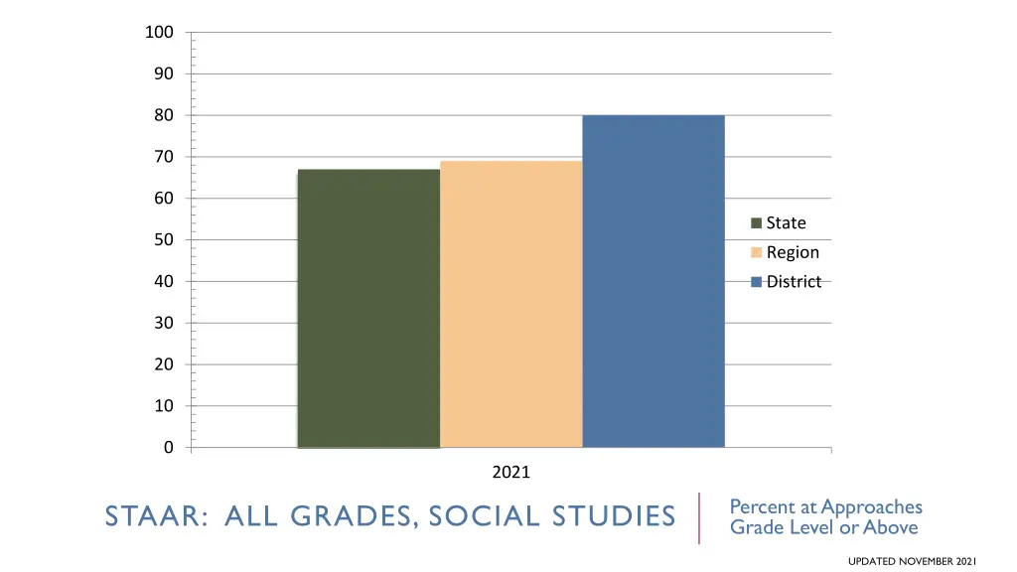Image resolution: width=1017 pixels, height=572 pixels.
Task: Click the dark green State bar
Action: (368, 308)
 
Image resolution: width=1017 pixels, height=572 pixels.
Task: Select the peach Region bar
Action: (510, 304)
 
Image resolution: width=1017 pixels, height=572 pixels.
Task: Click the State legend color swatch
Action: (756, 223)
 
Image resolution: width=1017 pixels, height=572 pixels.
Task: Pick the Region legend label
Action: (793, 252)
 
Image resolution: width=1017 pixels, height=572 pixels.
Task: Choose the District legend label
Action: (794, 282)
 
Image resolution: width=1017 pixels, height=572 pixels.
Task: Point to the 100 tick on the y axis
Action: (159, 33)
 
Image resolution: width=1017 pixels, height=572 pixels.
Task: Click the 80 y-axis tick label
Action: (163, 115)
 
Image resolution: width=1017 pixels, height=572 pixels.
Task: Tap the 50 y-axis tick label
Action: (163, 239)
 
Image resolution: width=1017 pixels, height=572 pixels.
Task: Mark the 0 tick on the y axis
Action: (168, 448)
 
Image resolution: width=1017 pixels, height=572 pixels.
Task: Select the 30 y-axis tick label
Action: (163, 323)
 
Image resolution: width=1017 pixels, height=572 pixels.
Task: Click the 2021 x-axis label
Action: (511, 473)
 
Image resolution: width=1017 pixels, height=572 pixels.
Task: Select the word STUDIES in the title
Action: (615, 517)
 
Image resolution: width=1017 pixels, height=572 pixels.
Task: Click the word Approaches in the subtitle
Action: (872, 507)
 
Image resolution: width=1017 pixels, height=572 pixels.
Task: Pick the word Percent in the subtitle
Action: (760, 507)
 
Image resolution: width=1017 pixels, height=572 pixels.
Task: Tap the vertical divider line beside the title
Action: (699, 517)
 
